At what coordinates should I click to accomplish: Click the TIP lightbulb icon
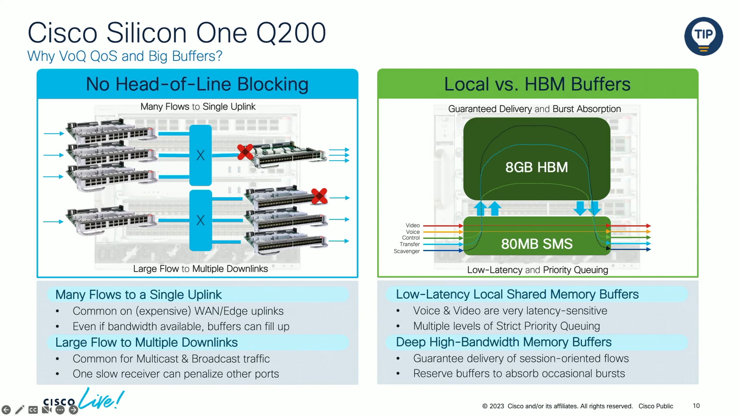coord(704,36)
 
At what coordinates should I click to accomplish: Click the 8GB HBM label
coord(536,167)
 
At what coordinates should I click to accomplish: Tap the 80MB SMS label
coord(537,244)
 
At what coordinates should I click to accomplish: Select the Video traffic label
coord(413,225)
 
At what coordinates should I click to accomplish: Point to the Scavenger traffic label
coord(406,251)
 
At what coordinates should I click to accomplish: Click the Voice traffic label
coord(413,232)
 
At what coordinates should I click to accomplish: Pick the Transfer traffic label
coord(410,244)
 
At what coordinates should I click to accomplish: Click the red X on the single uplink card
coord(245,152)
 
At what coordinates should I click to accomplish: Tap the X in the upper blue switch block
coord(200,155)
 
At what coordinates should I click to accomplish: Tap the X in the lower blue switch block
coord(200,220)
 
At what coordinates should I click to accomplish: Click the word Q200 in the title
coord(291,33)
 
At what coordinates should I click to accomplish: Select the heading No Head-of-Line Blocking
coord(197,84)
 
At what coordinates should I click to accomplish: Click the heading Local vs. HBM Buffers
coord(537,84)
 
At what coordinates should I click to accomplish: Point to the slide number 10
coord(696,406)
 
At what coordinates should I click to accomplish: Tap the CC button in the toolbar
coord(33,410)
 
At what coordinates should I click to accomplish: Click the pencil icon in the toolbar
coord(19,410)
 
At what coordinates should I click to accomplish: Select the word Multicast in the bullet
coord(157,359)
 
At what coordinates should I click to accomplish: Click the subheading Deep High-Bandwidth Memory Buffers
coord(503,342)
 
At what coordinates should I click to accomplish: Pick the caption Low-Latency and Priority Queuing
coord(538,270)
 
